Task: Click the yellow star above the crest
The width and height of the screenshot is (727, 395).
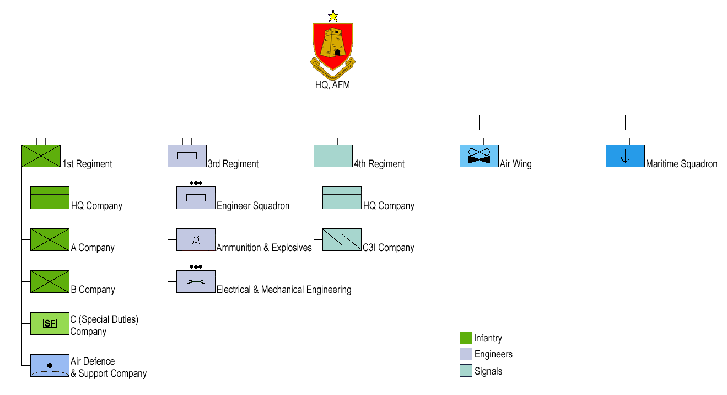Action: pyautogui.click(x=333, y=16)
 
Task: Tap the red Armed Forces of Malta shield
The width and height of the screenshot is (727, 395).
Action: pyautogui.click(x=333, y=45)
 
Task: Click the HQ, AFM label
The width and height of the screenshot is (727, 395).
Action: pyautogui.click(x=333, y=85)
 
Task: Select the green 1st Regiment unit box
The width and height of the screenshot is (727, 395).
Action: pyautogui.click(x=41, y=156)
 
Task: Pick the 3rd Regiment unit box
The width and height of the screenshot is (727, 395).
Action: pyautogui.click(x=187, y=156)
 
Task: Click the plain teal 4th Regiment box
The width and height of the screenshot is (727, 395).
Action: pyautogui.click(x=333, y=156)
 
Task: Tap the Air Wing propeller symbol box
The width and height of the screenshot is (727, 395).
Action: pyautogui.click(x=479, y=156)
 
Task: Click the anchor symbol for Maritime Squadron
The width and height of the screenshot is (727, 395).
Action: pyautogui.click(x=625, y=156)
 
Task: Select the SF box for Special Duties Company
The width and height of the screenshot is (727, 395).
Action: pyautogui.click(x=50, y=323)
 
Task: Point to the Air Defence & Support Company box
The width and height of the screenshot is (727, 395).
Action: pyautogui.click(x=50, y=365)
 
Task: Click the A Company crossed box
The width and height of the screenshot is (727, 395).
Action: pyautogui.click(x=50, y=240)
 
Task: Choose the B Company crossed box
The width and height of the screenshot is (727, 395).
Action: pyautogui.click(x=50, y=282)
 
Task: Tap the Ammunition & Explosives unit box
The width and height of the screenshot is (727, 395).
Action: pyautogui.click(x=196, y=240)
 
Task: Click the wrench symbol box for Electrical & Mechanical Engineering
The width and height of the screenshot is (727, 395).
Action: pyautogui.click(x=196, y=282)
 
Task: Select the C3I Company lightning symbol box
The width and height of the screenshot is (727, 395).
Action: pyautogui.click(x=342, y=240)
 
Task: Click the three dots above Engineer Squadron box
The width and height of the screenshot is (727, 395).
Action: pyautogui.click(x=196, y=183)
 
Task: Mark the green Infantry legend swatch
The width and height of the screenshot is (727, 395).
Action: pyautogui.click(x=466, y=338)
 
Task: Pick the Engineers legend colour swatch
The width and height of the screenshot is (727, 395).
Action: pyautogui.click(x=466, y=354)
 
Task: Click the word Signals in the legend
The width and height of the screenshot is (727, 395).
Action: pyautogui.click(x=488, y=371)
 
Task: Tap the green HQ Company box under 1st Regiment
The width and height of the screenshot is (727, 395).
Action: pyautogui.click(x=50, y=198)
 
